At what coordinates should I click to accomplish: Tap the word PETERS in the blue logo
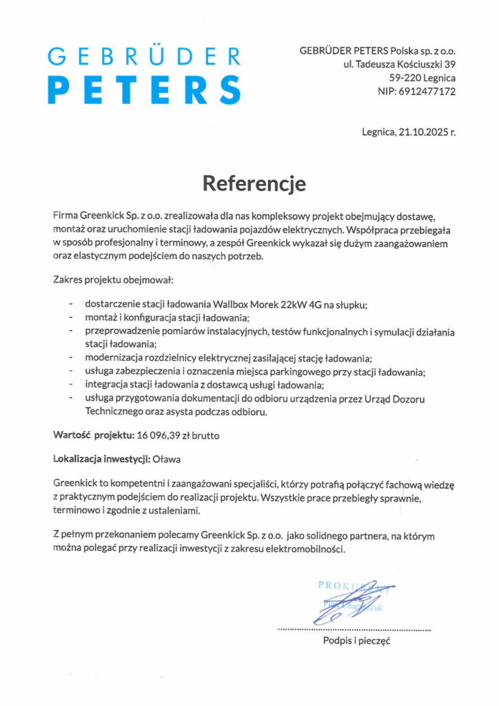(x=147, y=90)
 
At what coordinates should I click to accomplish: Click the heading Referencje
(x=254, y=183)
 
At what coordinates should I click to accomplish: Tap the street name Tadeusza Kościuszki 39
(x=405, y=64)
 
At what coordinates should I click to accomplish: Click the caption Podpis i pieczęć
(x=357, y=641)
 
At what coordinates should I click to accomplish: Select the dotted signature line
(x=354, y=629)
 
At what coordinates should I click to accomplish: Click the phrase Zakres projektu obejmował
(x=114, y=280)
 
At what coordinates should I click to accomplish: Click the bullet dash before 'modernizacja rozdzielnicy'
(x=70, y=359)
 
